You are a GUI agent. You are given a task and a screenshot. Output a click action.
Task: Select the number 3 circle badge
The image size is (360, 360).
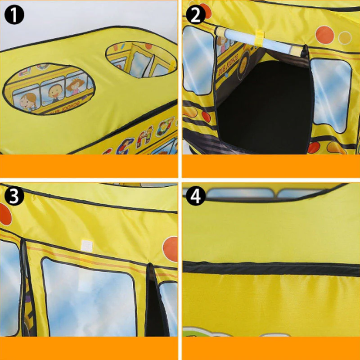click(14, 197)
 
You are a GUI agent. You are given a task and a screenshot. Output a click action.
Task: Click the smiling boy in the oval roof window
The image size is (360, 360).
click(54, 90)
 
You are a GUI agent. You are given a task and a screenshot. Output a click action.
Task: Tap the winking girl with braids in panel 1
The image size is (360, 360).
click(28, 99)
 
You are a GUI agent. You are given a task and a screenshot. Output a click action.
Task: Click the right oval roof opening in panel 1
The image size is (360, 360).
click(140, 59)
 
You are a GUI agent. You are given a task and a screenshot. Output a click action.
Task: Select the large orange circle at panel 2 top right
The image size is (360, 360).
click(324, 34)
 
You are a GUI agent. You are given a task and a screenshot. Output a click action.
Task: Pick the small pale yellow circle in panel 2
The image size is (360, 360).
click(345, 37)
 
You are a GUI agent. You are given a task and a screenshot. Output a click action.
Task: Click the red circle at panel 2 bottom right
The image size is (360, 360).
click(313, 148)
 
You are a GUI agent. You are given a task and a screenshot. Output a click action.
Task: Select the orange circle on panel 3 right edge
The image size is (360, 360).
click(171, 249)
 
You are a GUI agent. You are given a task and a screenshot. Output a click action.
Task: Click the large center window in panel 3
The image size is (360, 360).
click(89, 297)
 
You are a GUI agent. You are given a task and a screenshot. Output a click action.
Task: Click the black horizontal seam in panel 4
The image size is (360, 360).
click(270, 268)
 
